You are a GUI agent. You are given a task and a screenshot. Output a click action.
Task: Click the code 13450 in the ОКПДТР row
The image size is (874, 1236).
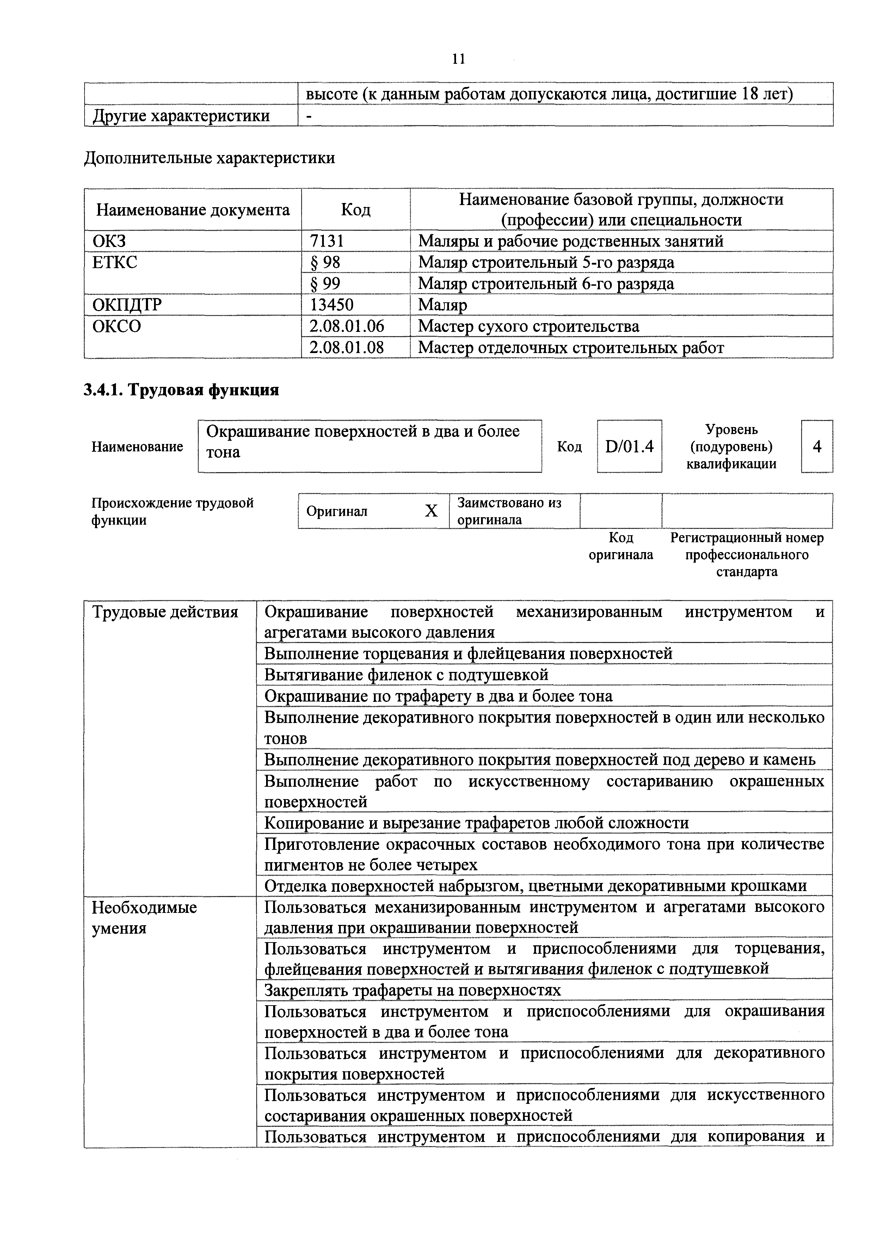(331, 305)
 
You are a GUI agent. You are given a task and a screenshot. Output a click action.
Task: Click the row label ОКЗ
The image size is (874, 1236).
(109, 241)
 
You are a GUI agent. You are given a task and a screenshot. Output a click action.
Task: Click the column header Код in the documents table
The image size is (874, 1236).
(356, 209)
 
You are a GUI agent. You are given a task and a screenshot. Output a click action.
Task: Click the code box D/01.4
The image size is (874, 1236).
(629, 446)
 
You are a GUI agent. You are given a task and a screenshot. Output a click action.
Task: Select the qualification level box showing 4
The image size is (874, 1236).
(817, 446)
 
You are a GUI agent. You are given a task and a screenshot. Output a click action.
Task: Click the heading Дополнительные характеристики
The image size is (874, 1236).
(209, 158)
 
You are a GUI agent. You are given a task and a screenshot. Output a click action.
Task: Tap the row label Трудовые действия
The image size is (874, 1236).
(165, 612)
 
